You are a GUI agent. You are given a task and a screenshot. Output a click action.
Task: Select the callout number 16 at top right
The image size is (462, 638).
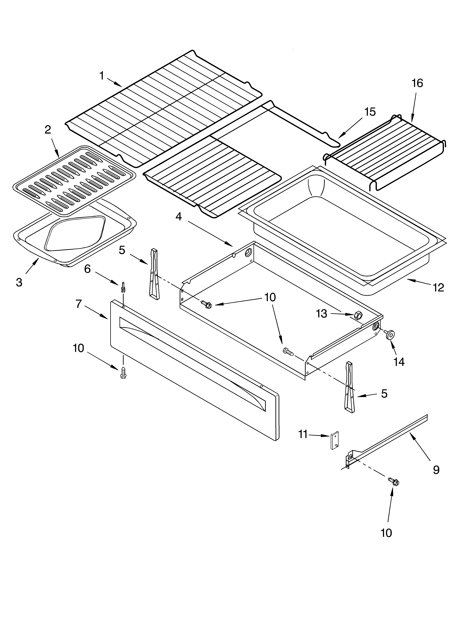417,83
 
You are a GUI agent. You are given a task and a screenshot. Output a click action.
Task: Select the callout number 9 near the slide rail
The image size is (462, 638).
436,470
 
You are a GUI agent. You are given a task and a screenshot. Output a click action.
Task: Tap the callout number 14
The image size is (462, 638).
399,362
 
